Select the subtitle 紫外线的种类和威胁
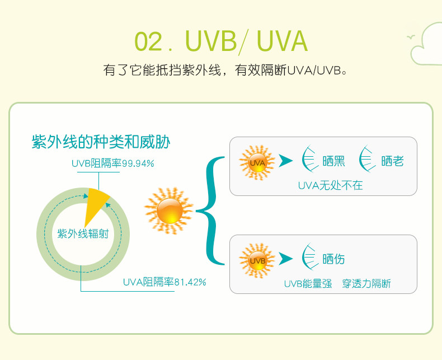[x=101, y=142]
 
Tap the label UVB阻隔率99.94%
[x=112, y=163]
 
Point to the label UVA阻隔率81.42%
[x=164, y=282]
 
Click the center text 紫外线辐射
[x=83, y=234]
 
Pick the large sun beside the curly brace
[x=169, y=211]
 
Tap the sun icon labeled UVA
[x=257, y=162]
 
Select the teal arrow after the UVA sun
[x=286, y=161]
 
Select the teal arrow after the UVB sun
[x=286, y=259]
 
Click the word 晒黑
[x=334, y=161]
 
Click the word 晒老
[x=392, y=161]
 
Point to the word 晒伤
[x=334, y=259]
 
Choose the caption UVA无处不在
[x=330, y=185]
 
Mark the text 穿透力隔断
[x=366, y=284]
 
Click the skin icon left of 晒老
[x=368, y=160]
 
